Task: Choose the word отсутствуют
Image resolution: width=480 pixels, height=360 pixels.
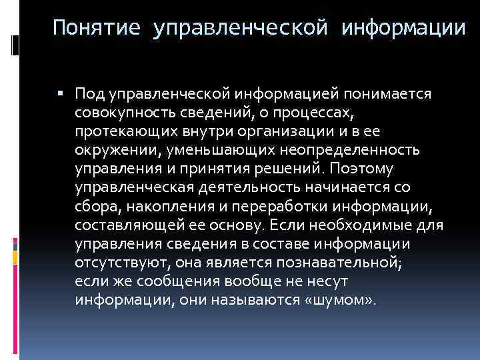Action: point(116,247)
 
